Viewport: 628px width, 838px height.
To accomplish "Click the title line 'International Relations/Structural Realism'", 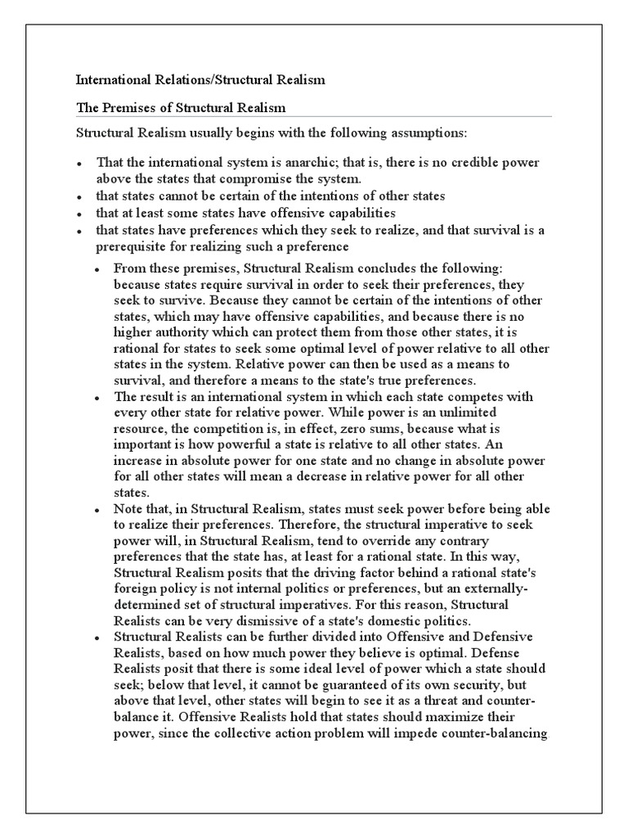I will (x=200, y=80).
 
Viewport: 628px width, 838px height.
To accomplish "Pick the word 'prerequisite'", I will (x=132, y=246).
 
